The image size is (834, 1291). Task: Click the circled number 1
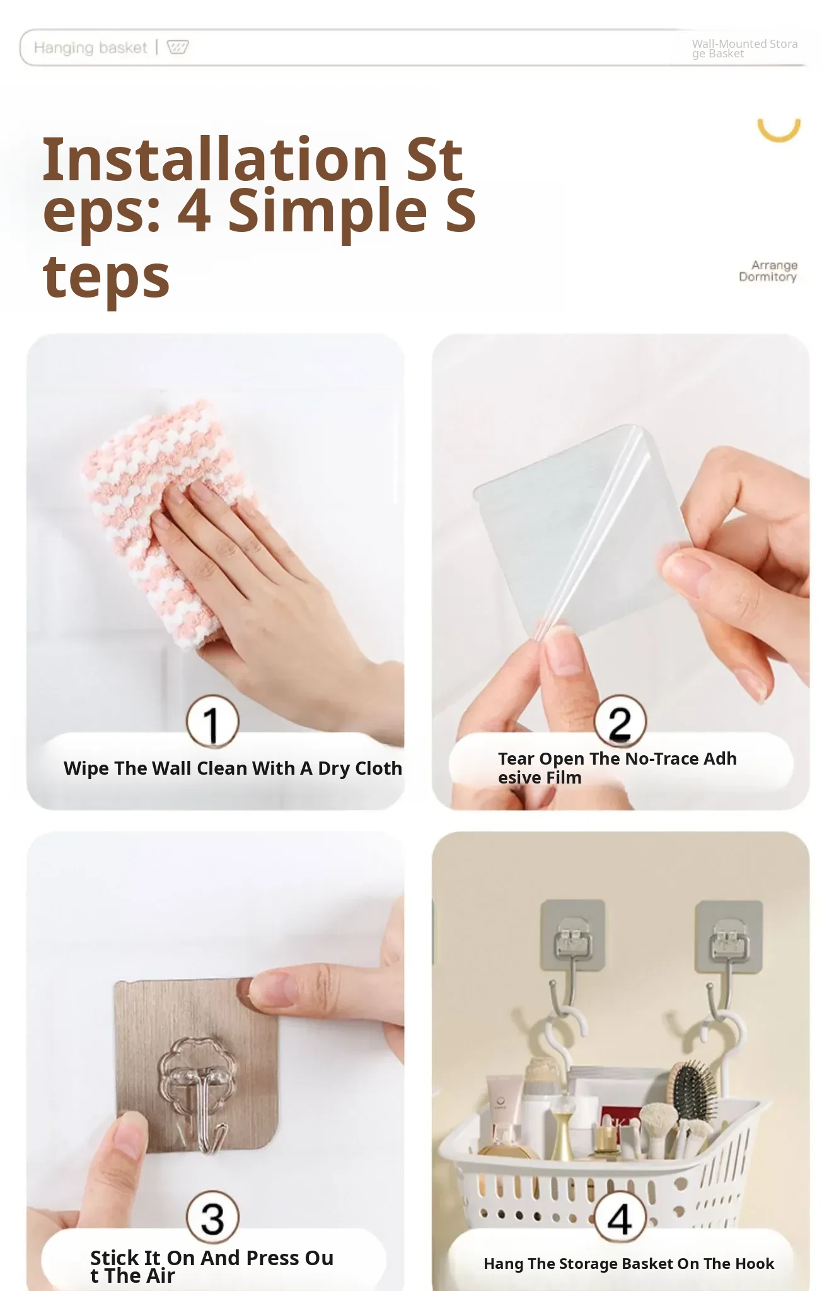212,721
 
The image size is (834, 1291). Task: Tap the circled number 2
620,721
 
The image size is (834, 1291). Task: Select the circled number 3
212,1217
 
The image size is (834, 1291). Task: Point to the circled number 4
620,1217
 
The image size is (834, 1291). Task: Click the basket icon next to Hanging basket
177,47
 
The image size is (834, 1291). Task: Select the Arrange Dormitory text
768,270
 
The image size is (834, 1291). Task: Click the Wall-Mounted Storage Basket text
744,49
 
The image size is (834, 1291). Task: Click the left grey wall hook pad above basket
572,935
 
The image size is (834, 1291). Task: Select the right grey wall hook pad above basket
729,935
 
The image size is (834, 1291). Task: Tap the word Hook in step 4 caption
755,1263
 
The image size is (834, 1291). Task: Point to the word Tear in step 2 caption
516,758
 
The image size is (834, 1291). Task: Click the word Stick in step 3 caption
113,1258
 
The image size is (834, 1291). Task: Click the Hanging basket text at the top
90,48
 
